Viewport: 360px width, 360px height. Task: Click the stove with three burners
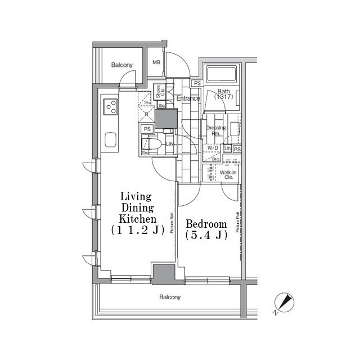tap(109, 107)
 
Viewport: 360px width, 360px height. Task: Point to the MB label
tap(156, 62)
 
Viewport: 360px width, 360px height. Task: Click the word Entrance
tap(188, 99)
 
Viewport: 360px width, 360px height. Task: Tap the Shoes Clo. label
tap(159, 92)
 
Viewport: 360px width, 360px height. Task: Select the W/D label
tap(213, 148)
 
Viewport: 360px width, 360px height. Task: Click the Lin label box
tap(228, 148)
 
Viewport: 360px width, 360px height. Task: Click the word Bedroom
tap(206, 223)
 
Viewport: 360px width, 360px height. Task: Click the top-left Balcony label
tap(121, 65)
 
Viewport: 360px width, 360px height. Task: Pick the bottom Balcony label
tap(170, 297)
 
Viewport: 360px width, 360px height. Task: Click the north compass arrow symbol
tap(284, 304)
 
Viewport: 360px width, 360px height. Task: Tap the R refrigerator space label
tap(146, 114)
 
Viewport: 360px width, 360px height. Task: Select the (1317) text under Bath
tap(223, 97)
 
